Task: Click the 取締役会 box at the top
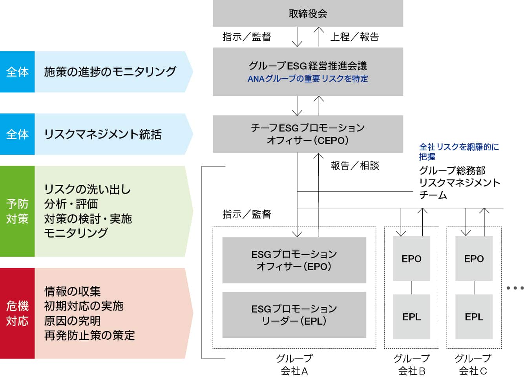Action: click(x=308, y=14)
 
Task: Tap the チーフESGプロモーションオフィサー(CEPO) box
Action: click(x=308, y=134)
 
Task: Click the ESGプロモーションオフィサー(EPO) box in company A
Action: click(x=294, y=260)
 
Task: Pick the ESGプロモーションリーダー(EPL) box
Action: click(x=294, y=314)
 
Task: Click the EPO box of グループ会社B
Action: click(x=411, y=258)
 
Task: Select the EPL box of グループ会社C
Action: click(x=474, y=316)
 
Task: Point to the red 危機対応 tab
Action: click(x=17, y=313)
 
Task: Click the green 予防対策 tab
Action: click(x=17, y=211)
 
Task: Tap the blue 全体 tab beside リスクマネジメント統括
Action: click(x=17, y=134)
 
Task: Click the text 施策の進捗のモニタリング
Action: click(x=110, y=72)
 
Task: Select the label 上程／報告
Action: click(x=354, y=37)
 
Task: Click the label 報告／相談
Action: click(x=354, y=166)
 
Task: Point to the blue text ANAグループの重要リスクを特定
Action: click(x=308, y=79)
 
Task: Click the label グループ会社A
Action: click(x=294, y=364)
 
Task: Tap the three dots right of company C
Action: click(x=515, y=288)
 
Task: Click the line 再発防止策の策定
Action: click(x=89, y=336)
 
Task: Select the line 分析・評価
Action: click(x=71, y=204)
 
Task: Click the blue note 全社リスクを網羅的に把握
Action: click(x=458, y=152)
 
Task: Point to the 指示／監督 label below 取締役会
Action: click(x=246, y=37)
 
